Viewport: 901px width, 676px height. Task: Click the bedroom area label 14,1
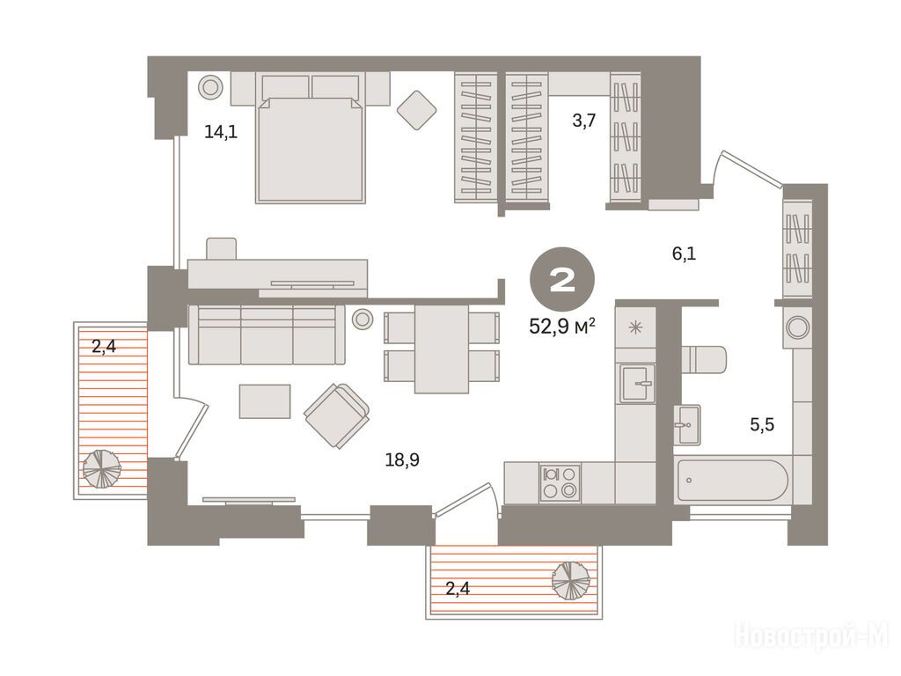(221, 133)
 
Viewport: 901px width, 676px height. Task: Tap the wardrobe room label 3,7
(584, 121)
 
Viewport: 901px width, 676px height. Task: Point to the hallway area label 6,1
(684, 253)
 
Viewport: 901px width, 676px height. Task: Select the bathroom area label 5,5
(762, 425)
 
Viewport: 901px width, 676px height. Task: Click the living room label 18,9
(402, 459)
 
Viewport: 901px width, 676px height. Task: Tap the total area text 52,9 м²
(561, 327)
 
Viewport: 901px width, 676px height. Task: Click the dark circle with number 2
(562, 281)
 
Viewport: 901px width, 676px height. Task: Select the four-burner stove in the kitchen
(560, 482)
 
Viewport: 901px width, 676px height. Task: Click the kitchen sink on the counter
(637, 383)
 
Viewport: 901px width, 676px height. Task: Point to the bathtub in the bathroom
(733, 480)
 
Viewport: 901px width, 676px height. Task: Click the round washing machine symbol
(797, 327)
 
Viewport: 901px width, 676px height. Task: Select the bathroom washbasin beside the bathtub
(687, 425)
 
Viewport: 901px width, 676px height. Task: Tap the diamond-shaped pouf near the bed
(416, 110)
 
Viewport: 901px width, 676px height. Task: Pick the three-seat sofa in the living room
(267, 335)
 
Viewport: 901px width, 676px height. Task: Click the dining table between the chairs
(442, 349)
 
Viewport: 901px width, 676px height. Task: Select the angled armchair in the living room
(337, 415)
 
